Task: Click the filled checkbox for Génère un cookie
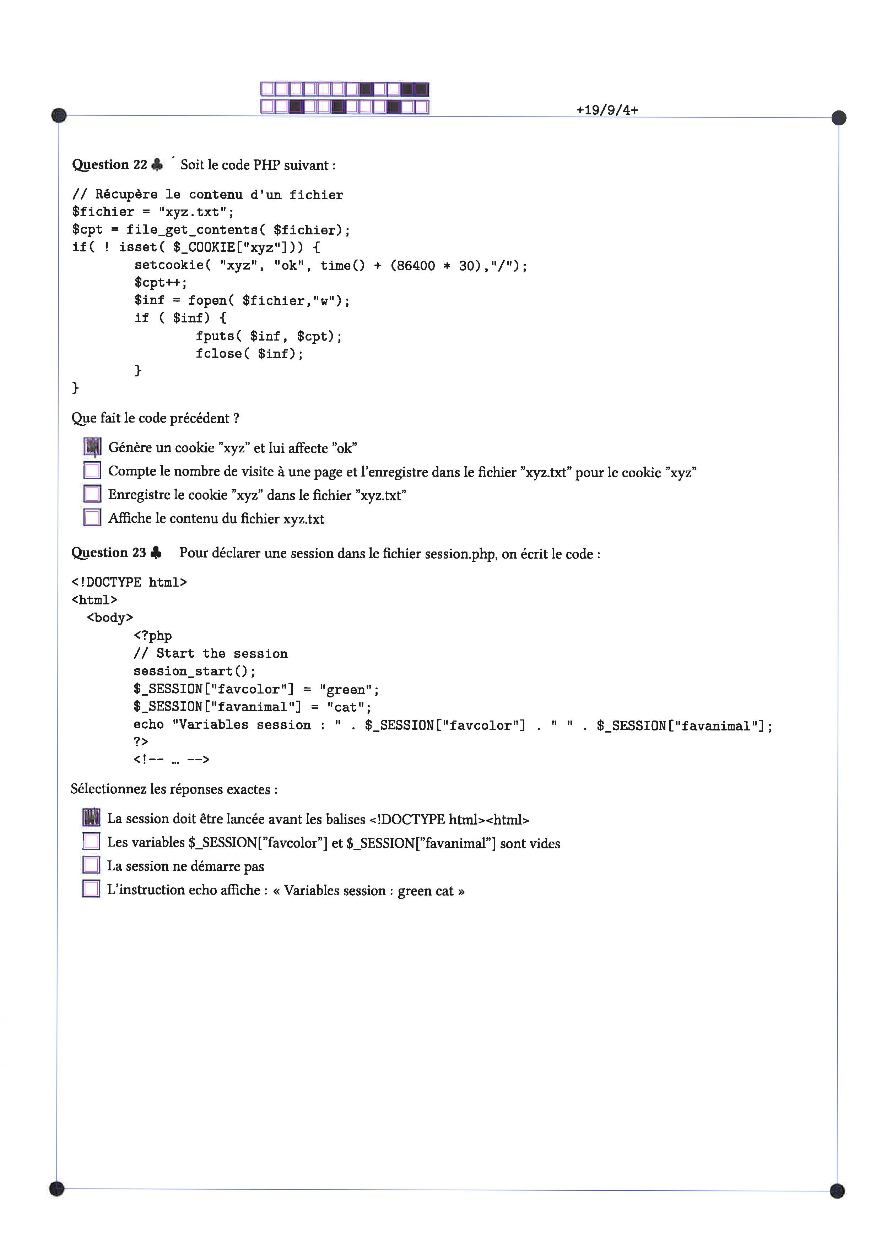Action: [92, 447]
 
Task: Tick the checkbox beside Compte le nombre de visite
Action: [92, 470]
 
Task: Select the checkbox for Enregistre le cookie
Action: [92, 494]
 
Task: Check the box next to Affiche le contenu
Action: [92, 517]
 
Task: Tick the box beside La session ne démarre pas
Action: [91, 865]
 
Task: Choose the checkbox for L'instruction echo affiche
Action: [91, 889]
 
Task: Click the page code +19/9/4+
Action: [607, 110]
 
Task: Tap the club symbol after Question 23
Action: [156, 553]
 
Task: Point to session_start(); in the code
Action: [194, 671]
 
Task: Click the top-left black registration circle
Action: [59, 115]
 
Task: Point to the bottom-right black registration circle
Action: [837, 1190]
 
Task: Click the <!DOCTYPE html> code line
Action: [129, 582]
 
